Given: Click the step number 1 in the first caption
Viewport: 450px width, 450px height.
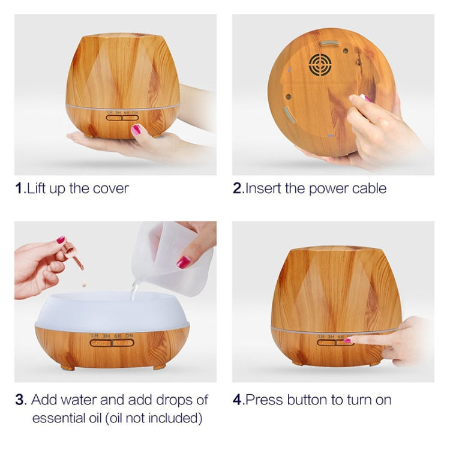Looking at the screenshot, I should click(x=19, y=188).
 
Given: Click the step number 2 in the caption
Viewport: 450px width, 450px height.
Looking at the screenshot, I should click(x=237, y=188).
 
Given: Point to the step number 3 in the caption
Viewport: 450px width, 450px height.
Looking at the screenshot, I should click(x=19, y=400).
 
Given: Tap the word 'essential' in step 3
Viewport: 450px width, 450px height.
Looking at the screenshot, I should click(x=56, y=418).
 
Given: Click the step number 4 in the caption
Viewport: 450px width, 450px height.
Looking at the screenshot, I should click(x=238, y=400).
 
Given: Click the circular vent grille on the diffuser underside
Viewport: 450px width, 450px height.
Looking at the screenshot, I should click(x=319, y=64).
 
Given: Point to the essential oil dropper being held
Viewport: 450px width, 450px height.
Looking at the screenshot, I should click(x=73, y=255).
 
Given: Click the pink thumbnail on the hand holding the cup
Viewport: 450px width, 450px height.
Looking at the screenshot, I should click(x=184, y=262).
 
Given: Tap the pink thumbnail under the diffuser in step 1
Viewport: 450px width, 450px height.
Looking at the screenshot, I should click(x=136, y=129).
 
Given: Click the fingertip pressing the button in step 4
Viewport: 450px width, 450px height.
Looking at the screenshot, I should click(x=349, y=341).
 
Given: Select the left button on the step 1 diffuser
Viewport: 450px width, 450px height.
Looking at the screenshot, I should click(x=113, y=118).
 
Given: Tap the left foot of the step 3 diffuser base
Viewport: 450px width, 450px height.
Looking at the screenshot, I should click(x=68, y=367).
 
